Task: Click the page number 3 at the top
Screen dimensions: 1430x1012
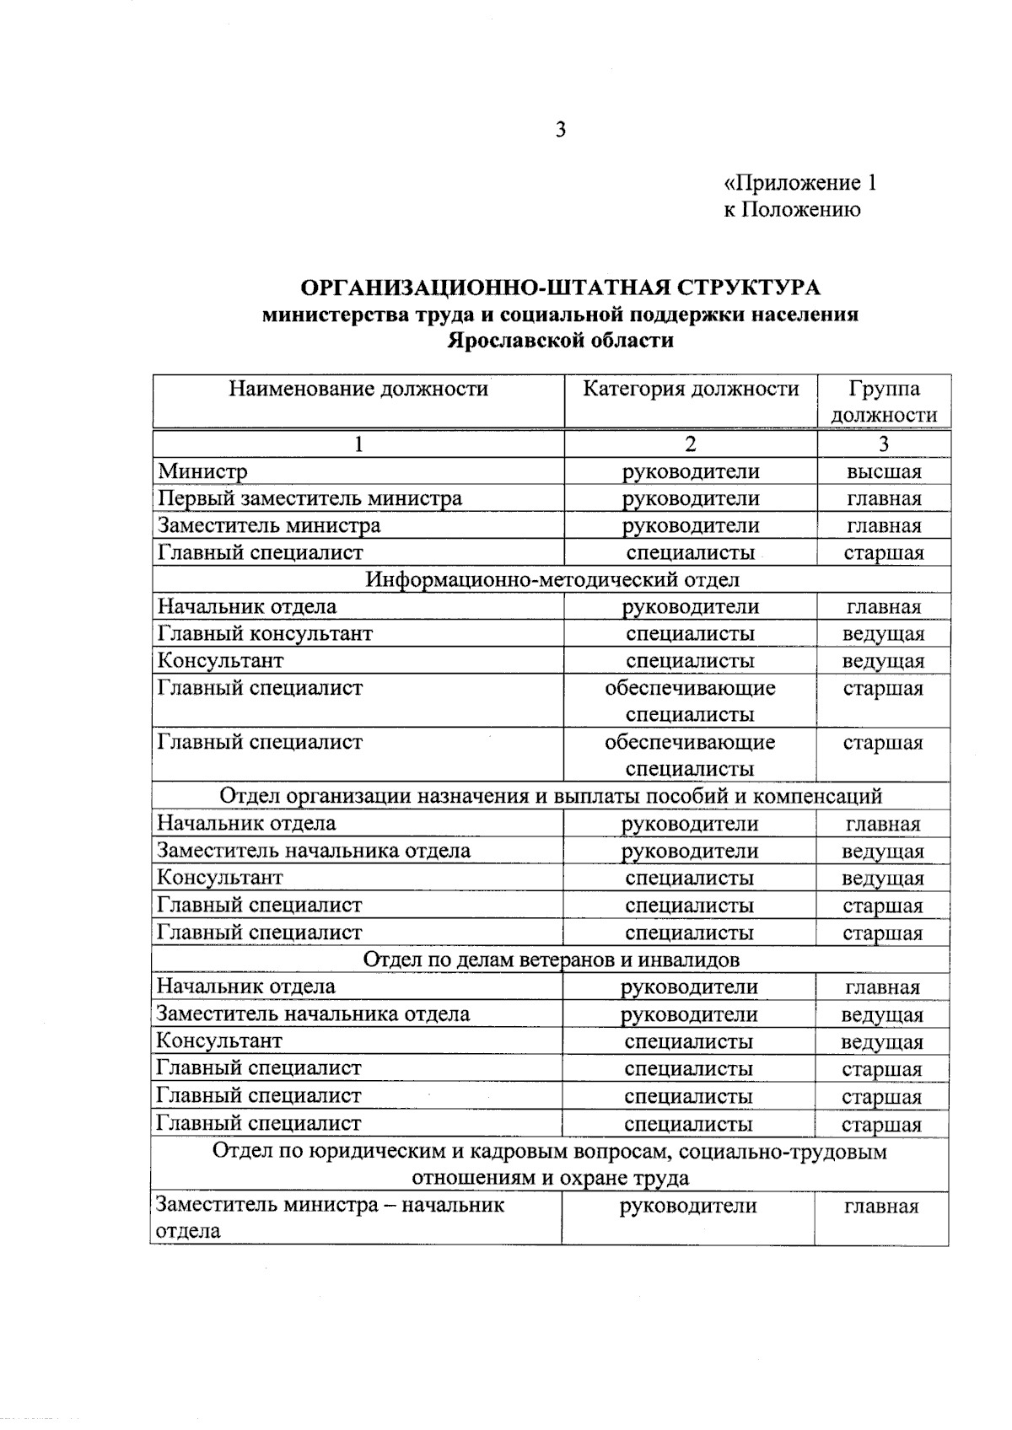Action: pos(560,130)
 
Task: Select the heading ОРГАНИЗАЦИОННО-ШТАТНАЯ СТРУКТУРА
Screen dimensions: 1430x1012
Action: pos(560,288)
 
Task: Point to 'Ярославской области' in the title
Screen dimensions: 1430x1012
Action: pos(560,341)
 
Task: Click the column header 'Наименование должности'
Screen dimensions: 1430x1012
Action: pos(358,389)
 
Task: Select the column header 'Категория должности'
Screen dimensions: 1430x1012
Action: pos(690,389)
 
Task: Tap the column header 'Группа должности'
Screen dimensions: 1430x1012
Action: pos(883,401)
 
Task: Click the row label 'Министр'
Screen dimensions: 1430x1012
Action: pos(202,471)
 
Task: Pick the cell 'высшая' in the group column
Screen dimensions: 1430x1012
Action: pos(883,472)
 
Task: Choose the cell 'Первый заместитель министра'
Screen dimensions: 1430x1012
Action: pos(310,498)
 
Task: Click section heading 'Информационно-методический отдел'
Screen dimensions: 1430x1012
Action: pos(552,579)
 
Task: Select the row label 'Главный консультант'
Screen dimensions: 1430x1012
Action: pos(265,633)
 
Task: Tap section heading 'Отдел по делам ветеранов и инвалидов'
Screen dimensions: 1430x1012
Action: pos(551,960)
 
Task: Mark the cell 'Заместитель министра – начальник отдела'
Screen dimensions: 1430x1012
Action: pos(329,1218)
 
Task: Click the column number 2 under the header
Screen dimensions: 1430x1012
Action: pos(690,444)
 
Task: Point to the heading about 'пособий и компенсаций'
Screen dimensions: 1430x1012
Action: pos(551,796)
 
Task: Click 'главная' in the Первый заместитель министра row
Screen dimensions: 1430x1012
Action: pos(883,499)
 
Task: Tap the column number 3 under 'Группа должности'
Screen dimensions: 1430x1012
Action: pos(883,444)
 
